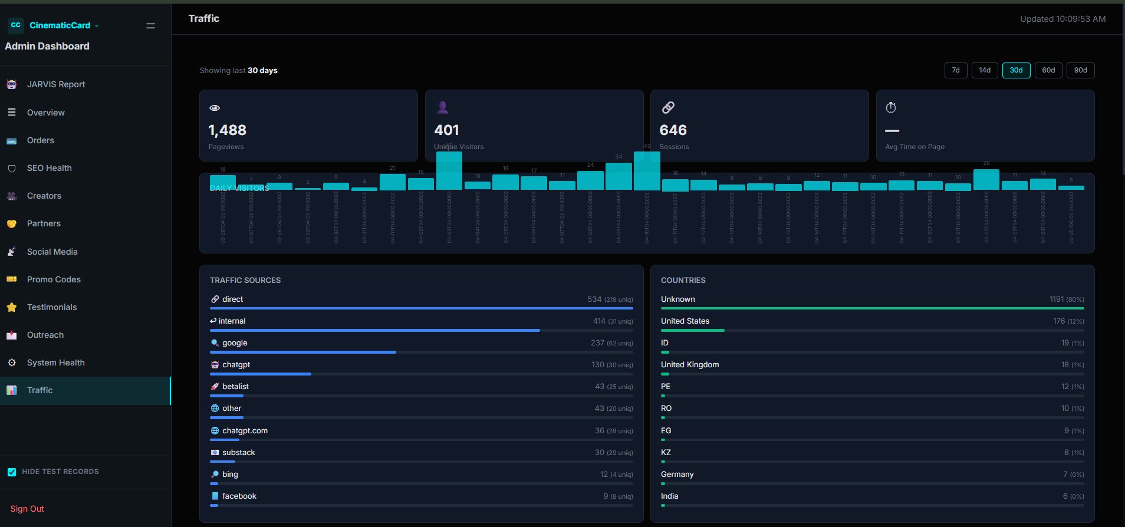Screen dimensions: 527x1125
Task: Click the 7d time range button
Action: pyautogui.click(x=956, y=70)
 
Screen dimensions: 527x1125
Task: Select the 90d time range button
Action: pyautogui.click(x=1080, y=70)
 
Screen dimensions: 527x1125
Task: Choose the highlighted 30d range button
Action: pyautogui.click(x=1016, y=70)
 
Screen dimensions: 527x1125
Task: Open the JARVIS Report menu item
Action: pyautogui.click(x=55, y=84)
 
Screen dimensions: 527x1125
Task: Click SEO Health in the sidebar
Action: pyautogui.click(x=49, y=168)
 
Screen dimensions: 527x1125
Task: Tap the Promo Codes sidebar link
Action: pyautogui.click(x=54, y=279)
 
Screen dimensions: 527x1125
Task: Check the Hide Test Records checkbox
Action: pyautogui.click(x=12, y=472)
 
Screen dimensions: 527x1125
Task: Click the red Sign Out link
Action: pyautogui.click(x=27, y=509)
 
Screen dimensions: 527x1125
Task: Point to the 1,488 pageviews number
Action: pyautogui.click(x=227, y=130)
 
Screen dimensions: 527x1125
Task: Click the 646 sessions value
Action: pyautogui.click(x=673, y=130)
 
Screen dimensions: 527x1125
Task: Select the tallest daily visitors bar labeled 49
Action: pyautogui.click(x=647, y=171)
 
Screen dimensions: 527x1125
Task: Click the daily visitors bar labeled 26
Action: pyautogui.click(x=986, y=179)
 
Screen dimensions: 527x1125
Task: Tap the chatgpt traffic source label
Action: pyautogui.click(x=236, y=364)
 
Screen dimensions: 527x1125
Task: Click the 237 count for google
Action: pyautogui.click(x=597, y=342)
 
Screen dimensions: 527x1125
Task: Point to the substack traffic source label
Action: pyautogui.click(x=238, y=452)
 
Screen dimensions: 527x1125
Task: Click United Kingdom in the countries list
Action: pyautogui.click(x=690, y=364)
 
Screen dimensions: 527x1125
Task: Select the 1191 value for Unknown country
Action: pyautogui.click(x=1057, y=299)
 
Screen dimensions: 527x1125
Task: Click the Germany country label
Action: pyautogui.click(x=677, y=474)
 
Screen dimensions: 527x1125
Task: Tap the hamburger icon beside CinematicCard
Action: pyautogui.click(x=150, y=25)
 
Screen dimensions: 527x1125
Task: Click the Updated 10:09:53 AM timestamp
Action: pyautogui.click(x=1062, y=19)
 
